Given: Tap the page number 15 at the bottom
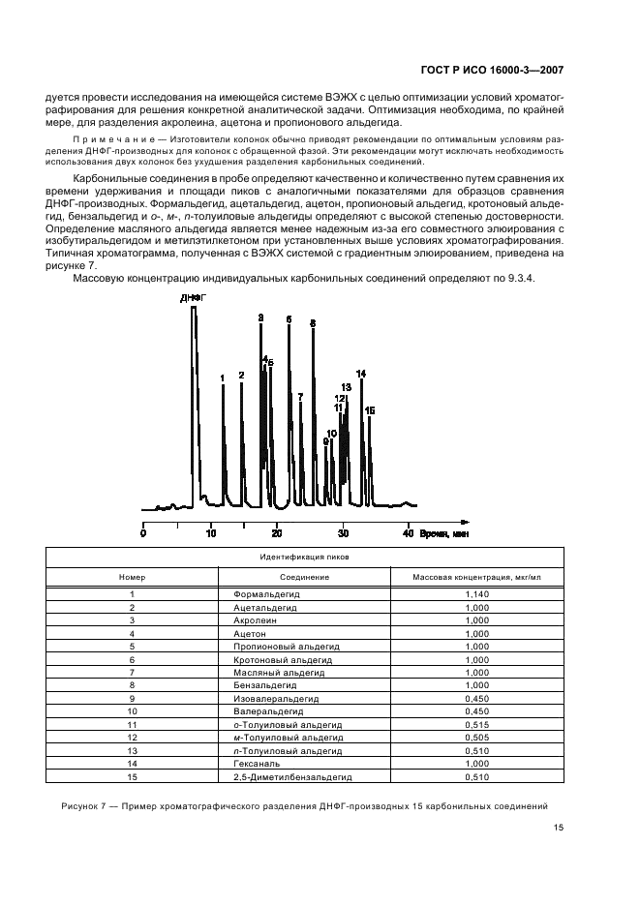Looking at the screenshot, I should point(559,828).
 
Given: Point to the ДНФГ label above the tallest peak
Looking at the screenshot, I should point(193,298).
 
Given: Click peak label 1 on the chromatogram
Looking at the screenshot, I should point(223,378).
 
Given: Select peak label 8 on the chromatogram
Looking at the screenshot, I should point(312,323).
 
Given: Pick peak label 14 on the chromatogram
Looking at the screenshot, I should point(361,374).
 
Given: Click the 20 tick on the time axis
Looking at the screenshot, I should point(276,534).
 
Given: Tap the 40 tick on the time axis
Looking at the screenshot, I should point(409,534).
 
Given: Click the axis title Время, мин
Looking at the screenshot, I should point(448,534).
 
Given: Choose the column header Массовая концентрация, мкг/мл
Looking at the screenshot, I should point(475,577).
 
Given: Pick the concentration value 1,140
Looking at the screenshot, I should point(475,593).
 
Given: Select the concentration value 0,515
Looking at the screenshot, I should point(475,724).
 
